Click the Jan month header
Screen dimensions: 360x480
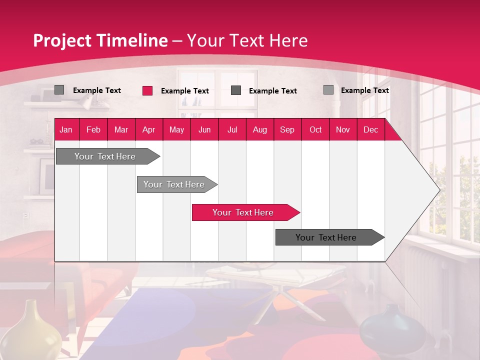[x=66, y=129]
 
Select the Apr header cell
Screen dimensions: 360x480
[x=148, y=129]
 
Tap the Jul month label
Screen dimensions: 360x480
[x=232, y=129]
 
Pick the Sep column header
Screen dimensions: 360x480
[x=287, y=129]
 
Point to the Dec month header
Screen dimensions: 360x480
[x=370, y=129]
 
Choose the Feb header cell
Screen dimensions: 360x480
[x=93, y=129]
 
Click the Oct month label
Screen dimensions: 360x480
[x=315, y=129]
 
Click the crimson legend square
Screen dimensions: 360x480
[x=147, y=90]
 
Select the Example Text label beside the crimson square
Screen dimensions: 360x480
[x=185, y=91]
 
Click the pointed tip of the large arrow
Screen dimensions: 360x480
[x=438, y=190]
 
